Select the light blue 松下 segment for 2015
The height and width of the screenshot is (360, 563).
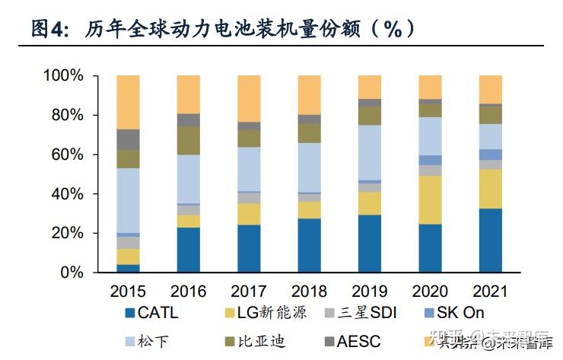128,200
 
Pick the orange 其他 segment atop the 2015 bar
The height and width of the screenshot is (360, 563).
128,102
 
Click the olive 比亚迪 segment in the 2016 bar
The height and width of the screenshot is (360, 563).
189,140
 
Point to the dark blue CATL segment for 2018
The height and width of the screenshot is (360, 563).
310,245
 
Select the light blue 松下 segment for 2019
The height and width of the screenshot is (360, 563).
370,152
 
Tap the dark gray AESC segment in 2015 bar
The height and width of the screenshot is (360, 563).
128,139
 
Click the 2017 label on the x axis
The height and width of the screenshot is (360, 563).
249,292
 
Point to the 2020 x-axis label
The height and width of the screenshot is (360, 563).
431,292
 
